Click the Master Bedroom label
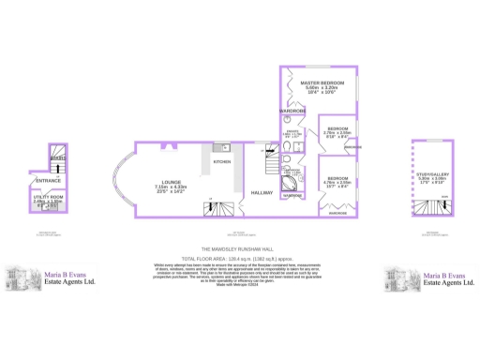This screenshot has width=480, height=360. (320, 82)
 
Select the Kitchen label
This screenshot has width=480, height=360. (221, 162)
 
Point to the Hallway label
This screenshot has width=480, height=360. (262, 193)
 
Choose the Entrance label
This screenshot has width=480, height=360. (48, 180)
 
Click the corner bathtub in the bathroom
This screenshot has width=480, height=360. (292, 196)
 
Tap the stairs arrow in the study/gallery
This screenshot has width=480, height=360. (432, 205)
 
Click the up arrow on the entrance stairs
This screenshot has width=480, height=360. (56, 157)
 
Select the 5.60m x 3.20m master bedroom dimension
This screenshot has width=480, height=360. (320, 88)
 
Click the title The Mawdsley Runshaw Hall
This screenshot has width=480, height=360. (240, 247)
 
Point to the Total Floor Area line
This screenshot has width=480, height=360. (240, 256)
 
